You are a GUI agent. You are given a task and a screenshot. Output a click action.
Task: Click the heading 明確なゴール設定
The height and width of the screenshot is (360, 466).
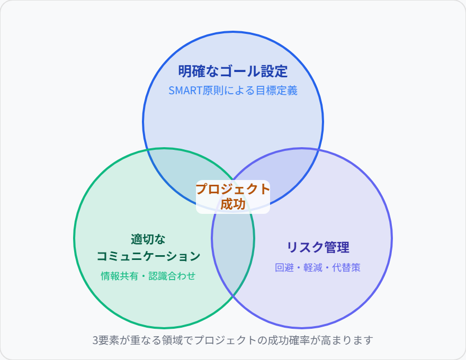[x=232, y=71]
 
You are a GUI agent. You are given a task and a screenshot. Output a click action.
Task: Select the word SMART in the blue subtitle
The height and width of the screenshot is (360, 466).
[x=182, y=91]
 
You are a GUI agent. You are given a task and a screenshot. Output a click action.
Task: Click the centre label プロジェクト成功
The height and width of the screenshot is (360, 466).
[x=233, y=196]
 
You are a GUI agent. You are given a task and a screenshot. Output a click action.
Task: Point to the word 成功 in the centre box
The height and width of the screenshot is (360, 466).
[x=233, y=204]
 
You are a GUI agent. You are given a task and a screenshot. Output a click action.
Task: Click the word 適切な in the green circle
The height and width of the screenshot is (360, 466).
[x=148, y=239]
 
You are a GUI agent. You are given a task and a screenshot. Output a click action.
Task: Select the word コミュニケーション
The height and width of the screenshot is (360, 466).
[x=148, y=256]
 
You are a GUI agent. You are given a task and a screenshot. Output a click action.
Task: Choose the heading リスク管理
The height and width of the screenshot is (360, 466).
[x=318, y=247]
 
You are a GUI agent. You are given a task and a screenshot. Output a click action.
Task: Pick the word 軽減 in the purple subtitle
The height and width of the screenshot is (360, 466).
[x=313, y=267]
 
